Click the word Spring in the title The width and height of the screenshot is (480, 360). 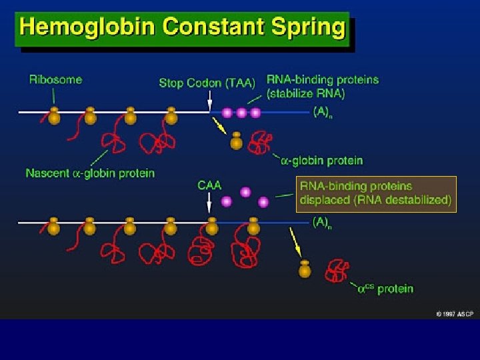[310, 29]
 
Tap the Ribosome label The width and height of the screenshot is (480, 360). [55, 79]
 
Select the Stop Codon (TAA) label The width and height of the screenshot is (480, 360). [207, 83]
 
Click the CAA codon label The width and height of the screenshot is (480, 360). [209, 185]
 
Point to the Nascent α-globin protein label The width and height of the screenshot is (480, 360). [90, 173]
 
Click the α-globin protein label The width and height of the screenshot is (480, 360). [322, 161]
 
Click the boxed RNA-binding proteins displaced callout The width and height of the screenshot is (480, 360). [376, 193]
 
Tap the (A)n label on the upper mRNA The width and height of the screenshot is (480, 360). [323, 113]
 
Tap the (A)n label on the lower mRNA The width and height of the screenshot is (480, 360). [323, 225]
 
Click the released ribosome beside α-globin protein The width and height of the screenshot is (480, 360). [236, 141]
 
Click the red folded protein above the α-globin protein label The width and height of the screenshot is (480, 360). [259, 143]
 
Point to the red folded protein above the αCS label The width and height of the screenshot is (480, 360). [336, 271]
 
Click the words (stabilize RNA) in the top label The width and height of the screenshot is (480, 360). [306, 93]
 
